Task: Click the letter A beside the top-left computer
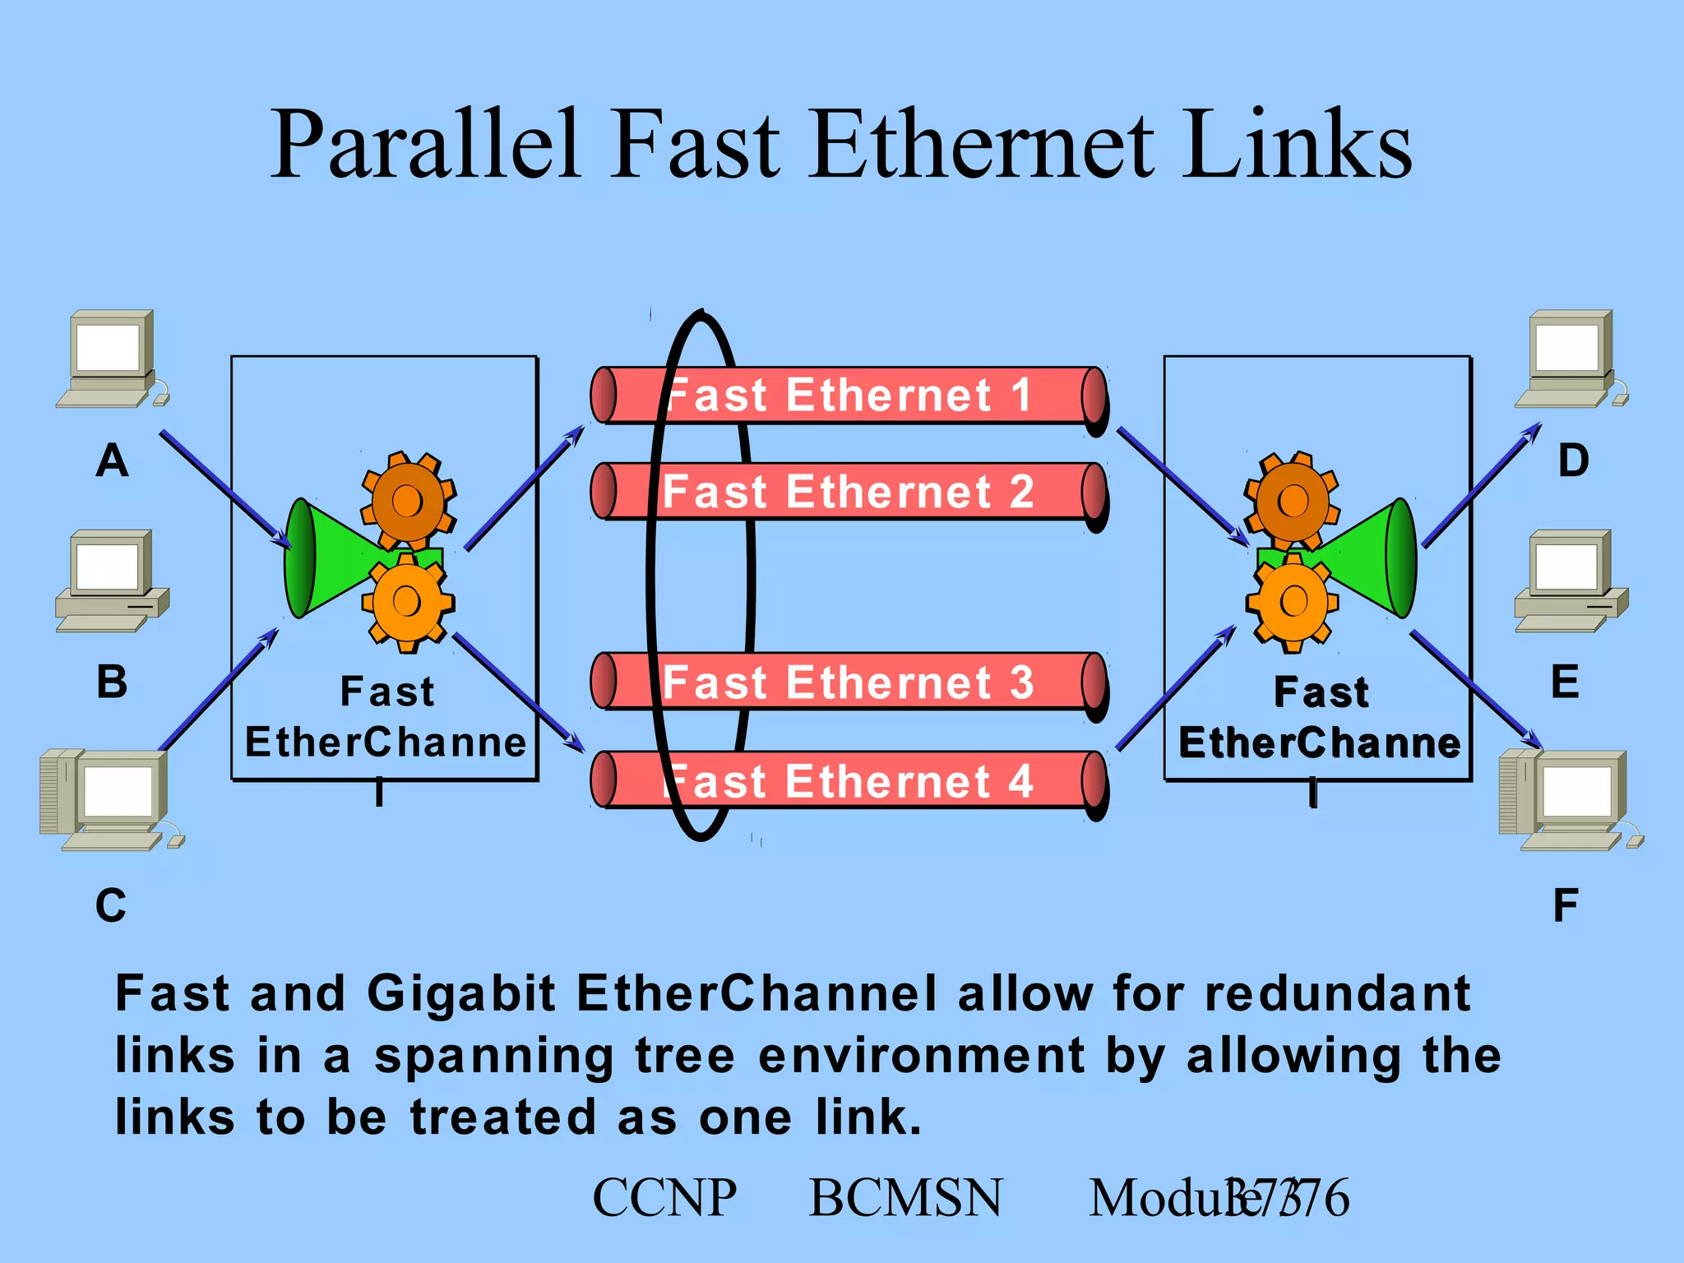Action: coord(113,460)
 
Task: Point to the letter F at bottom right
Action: coord(1565,905)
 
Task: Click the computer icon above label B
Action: coord(112,581)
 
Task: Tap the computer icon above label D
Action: coord(1571,358)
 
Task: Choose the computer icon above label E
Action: coord(1571,581)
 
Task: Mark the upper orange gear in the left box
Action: coord(408,500)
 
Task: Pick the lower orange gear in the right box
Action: coord(1293,601)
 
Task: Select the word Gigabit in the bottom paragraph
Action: coord(461,993)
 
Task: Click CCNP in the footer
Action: coord(664,1197)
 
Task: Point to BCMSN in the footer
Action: coord(905,1197)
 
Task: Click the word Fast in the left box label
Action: coord(386,692)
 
